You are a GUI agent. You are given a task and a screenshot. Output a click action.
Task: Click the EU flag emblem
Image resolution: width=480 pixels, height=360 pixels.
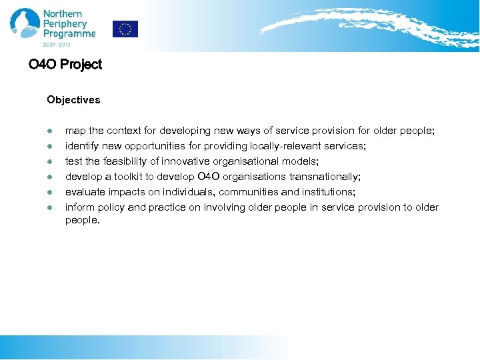(125, 29)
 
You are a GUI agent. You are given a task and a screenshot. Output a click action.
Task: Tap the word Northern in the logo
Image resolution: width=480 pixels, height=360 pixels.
(63, 14)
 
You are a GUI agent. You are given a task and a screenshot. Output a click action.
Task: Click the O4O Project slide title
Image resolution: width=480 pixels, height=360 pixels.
(65, 65)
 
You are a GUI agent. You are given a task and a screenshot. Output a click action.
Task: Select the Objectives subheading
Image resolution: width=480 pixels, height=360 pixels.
(73, 100)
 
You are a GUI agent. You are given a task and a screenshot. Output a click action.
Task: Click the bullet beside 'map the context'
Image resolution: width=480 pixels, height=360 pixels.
(49, 131)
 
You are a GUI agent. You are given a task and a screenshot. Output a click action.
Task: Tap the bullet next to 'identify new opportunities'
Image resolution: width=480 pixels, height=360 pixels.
(49, 147)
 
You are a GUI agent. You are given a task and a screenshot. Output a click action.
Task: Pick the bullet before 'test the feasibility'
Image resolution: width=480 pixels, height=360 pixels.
(49, 162)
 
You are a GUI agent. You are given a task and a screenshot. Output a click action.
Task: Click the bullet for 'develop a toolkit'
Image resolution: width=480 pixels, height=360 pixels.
(49, 177)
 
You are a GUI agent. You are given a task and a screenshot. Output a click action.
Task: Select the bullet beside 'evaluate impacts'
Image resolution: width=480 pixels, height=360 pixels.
(49, 193)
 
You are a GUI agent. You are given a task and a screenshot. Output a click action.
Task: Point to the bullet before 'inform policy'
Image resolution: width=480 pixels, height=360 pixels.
(49, 208)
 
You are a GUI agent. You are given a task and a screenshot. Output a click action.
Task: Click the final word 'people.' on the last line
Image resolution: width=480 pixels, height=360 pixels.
(82, 220)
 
